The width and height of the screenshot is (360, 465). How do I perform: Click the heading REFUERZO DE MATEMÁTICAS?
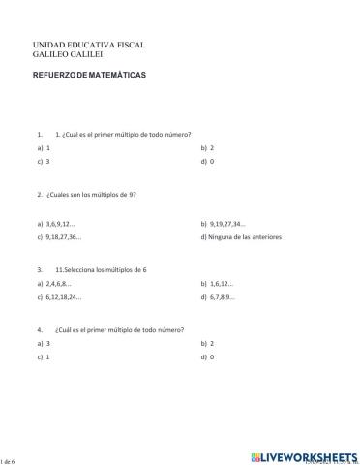[89, 75]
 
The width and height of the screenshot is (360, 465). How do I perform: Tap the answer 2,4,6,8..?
[60, 284]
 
